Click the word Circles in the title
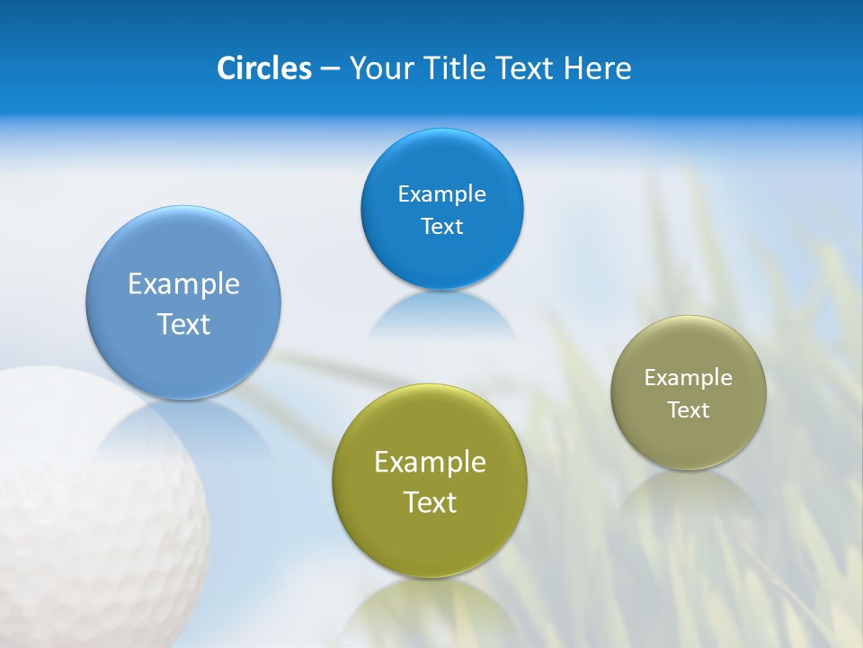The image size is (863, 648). (263, 68)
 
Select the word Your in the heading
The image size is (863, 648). (378, 68)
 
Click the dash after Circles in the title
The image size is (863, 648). (330, 69)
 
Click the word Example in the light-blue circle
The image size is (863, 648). (183, 284)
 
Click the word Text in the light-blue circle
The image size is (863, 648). (183, 324)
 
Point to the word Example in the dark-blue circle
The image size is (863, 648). (441, 194)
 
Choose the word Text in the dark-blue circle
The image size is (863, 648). (441, 227)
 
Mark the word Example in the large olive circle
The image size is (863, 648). (430, 463)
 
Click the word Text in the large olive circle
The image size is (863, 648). (430, 502)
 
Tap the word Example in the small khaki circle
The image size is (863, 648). (689, 378)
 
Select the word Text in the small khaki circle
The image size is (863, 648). (689, 410)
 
